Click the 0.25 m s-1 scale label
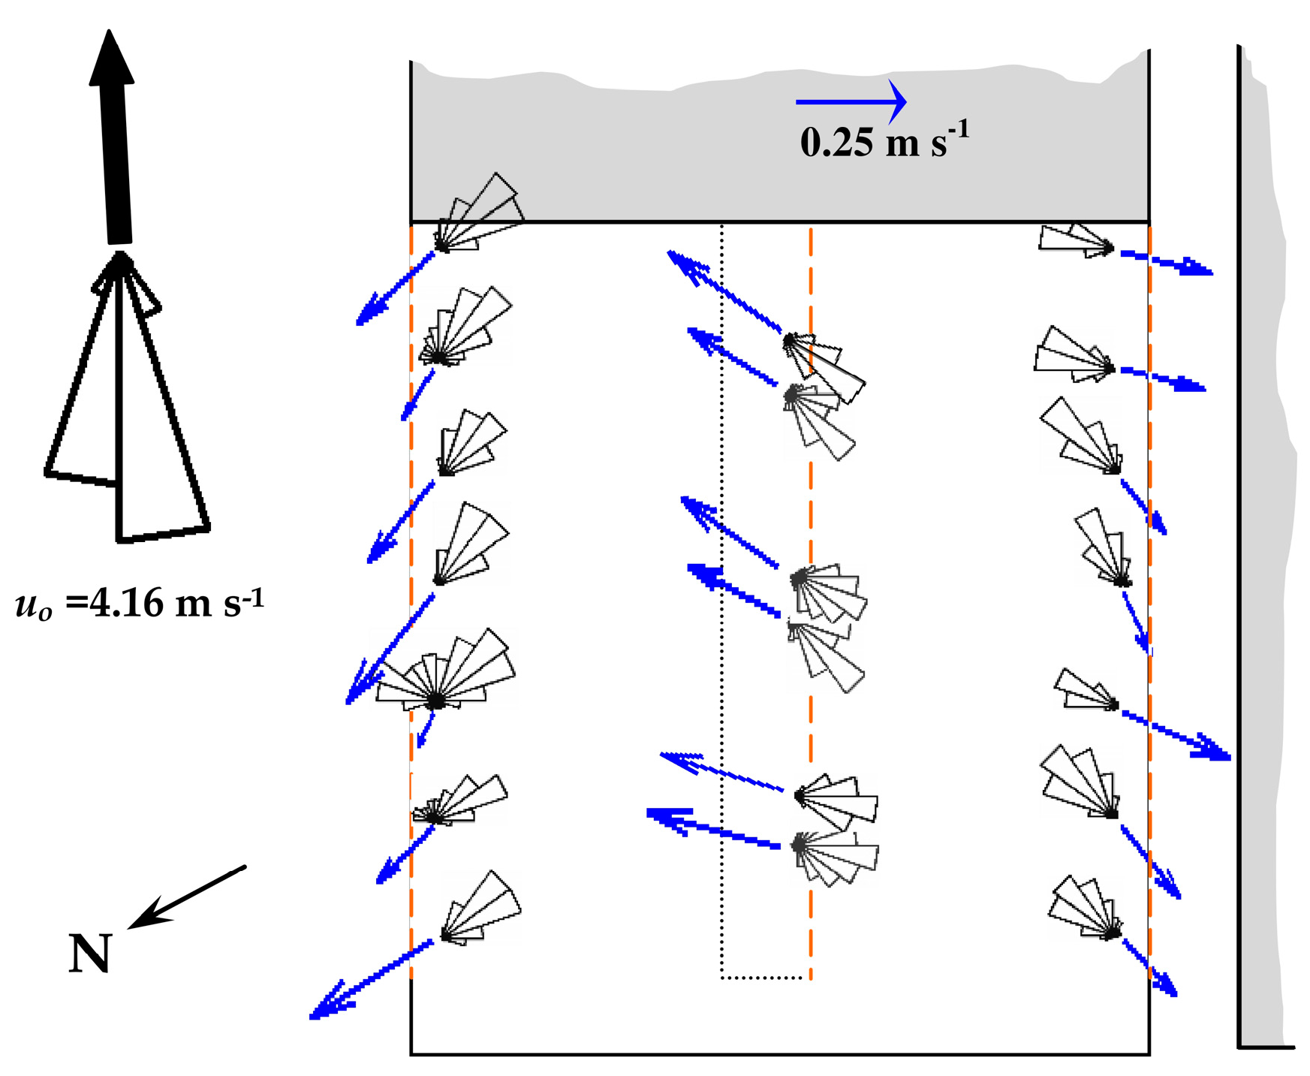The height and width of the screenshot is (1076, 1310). pyautogui.click(x=884, y=141)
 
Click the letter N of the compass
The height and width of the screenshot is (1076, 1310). pyautogui.click(x=89, y=954)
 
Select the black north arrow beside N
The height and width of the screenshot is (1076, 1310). pyautogui.click(x=186, y=897)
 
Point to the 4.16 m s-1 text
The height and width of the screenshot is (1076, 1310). pyautogui.click(x=140, y=602)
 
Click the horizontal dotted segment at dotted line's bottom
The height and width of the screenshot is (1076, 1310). pyautogui.click(x=765, y=978)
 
